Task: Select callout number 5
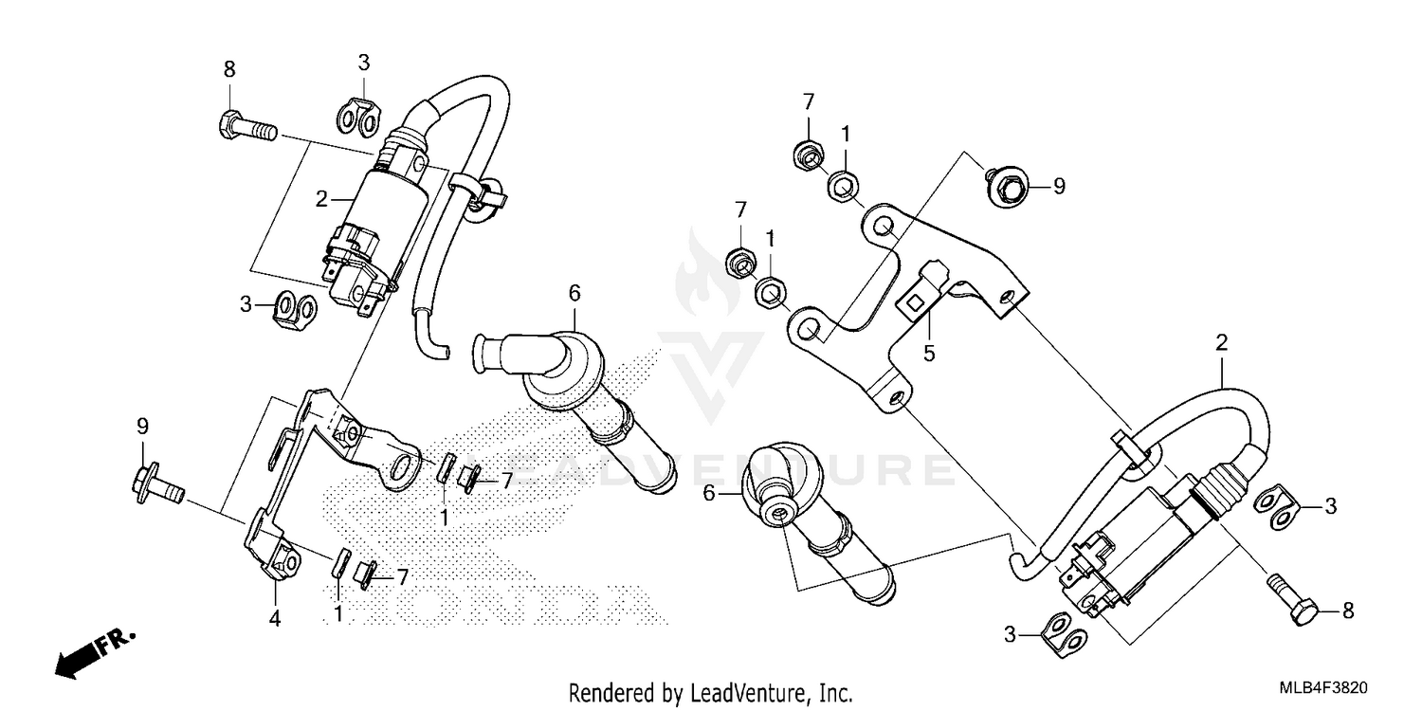pos(929,354)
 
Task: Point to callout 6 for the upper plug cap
pos(574,293)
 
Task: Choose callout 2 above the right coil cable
pos(1222,341)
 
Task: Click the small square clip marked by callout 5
pos(916,303)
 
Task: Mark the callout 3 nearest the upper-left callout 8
pos(363,64)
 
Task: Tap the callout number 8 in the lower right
pos(1348,611)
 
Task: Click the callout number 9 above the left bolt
pos(143,426)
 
